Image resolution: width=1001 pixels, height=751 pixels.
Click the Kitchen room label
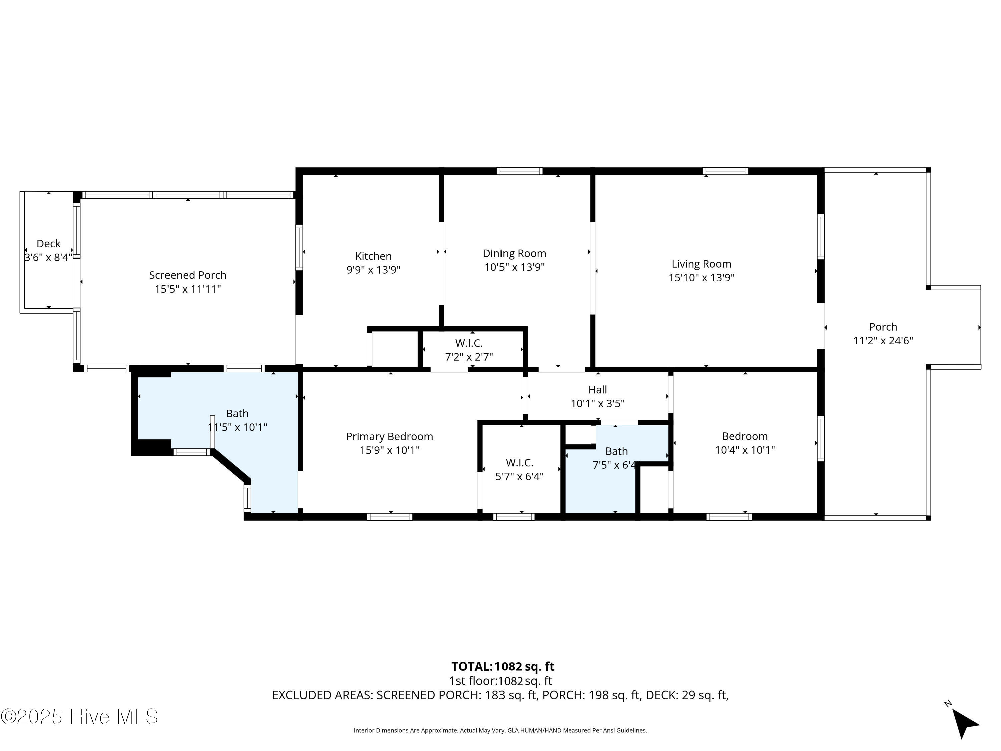click(x=373, y=256)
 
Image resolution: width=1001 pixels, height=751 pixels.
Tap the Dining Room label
click(x=515, y=253)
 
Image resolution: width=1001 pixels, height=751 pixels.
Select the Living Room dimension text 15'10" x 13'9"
click(x=701, y=277)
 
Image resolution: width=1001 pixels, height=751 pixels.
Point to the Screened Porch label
click(x=188, y=275)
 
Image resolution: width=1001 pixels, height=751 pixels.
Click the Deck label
click(x=48, y=244)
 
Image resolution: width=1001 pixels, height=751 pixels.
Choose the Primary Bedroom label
click(x=390, y=436)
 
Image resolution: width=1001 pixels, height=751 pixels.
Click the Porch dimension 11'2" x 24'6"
click(x=883, y=341)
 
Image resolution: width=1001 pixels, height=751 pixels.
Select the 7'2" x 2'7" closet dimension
click(x=469, y=357)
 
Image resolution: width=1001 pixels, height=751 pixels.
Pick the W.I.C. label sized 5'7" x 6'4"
click(x=520, y=463)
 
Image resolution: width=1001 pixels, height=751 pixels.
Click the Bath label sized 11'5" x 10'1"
click(x=237, y=413)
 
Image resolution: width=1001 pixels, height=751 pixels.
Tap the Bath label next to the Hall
click(x=616, y=451)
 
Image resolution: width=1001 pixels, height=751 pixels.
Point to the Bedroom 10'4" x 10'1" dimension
click(x=745, y=450)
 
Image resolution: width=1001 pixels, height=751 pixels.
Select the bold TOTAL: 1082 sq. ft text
click(x=503, y=666)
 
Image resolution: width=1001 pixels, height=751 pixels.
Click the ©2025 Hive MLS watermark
click(x=79, y=717)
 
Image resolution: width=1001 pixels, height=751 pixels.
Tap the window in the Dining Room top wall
click(x=520, y=171)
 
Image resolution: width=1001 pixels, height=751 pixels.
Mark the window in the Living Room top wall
click(x=725, y=171)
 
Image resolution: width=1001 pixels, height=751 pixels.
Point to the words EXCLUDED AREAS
click(x=323, y=695)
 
